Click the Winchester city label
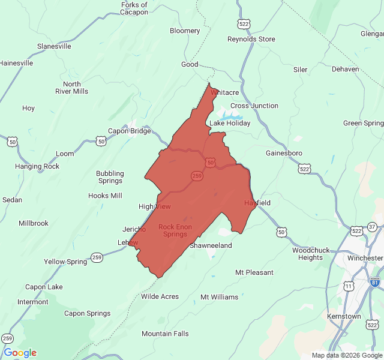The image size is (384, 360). pyautogui.click(x=365, y=258)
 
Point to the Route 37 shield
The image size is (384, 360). pyautogui.click(x=373, y=226)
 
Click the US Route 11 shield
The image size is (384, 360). pyautogui.click(x=348, y=286)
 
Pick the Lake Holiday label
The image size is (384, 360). pyautogui.click(x=230, y=123)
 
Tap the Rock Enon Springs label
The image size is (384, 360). pyautogui.click(x=175, y=230)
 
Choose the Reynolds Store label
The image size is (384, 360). pyautogui.click(x=251, y=39)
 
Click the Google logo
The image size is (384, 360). pyautogui.click(x=20, y=353)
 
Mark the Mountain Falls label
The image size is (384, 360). pyautogui.click(x=165, y=334)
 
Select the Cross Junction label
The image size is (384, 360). pyautogui.click(x=254, y=106)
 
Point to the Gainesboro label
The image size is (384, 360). pyautogui.click(x=284, y=153)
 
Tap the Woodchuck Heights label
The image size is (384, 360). pyautogui.click(x=311, y=253)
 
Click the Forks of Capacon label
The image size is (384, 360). pyautogui.click(x=134, y=9)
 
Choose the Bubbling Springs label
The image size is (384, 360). pyautogui.click(x=110, y=177)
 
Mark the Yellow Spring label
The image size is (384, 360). pyautogui.click(x=65, y=262)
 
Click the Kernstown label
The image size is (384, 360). pyautogui.click(x=344, y=316)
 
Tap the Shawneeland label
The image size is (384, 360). pyautogui.click(x=211, y=245)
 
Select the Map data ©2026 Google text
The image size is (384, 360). pyautogui.click(x=347, y=355)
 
